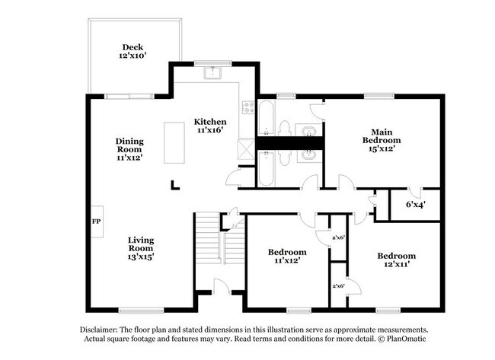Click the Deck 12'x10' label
(133, 51)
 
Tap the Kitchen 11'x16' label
(209, 126)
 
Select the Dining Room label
(129, 149)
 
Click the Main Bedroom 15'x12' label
(382, 140)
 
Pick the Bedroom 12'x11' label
(397, 260)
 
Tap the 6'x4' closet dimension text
(415, 204)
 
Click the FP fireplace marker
(97, 221)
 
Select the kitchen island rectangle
(174, 144)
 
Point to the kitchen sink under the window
(213, 74)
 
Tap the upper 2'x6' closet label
(338, 238)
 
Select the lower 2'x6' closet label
(338, 286)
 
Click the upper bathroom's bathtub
(266, 119)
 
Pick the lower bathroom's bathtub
(266, 167)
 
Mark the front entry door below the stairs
(222, 288)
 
